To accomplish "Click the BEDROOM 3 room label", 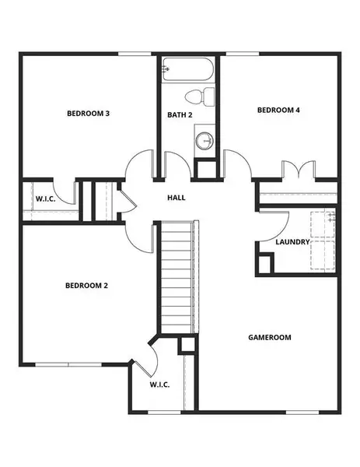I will click(x=87, y=114).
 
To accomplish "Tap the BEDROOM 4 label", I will click(x=278, y=111).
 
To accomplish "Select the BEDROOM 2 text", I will click(x=86, y=286).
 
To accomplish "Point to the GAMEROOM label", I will click(x=269, y=338).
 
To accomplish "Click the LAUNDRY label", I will click(x=292, y=242).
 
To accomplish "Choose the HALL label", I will click(x=177, y=198).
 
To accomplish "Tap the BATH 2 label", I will click(x=180, y=115).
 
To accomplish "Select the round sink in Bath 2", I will click(x=204, y=142).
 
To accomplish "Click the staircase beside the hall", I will click(x=177, y=276).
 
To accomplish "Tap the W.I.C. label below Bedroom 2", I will click(x=159, y=385).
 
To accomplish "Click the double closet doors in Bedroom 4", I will click(x=298, y=170).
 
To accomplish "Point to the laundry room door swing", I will click(x=268, y=225).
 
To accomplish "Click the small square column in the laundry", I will click(x=265, y=264).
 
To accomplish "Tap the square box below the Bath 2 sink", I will click(x=205, y=170).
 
